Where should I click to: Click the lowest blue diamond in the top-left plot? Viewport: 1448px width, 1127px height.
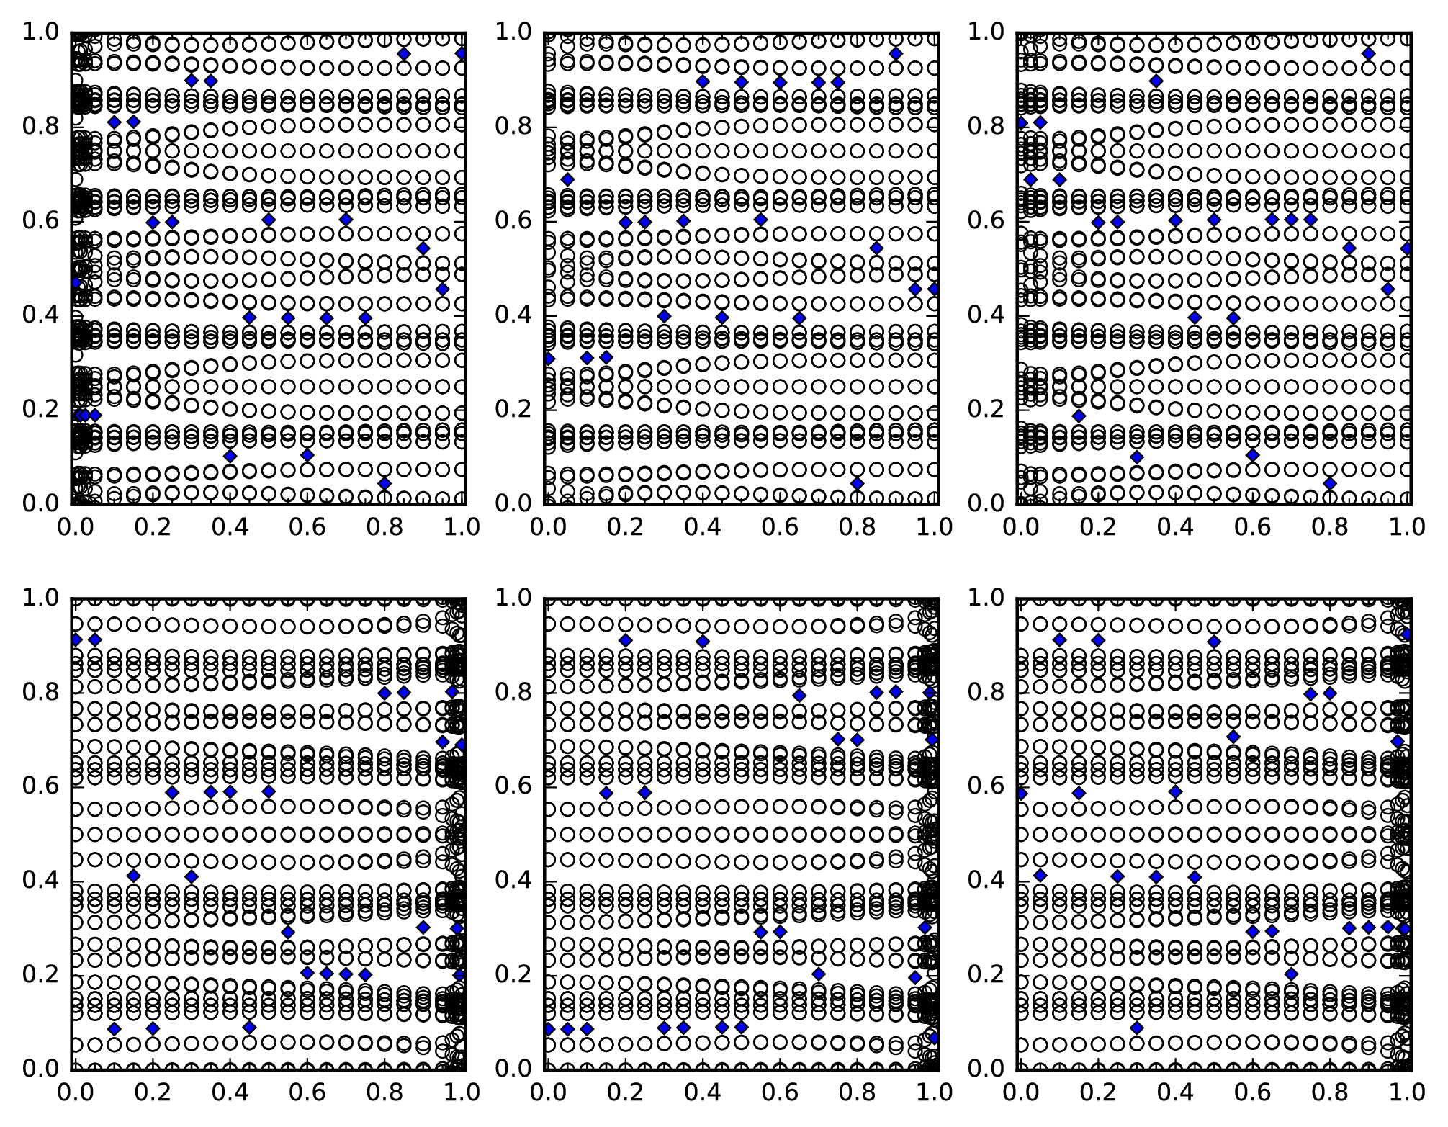385,483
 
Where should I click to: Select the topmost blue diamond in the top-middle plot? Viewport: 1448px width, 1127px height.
896,53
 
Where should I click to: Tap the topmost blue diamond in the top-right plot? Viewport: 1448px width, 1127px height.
1369,53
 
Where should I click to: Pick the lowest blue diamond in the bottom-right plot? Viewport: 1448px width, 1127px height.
1137,1028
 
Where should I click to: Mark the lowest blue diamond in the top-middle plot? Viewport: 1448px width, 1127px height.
857,483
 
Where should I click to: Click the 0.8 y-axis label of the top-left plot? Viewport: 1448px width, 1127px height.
40,126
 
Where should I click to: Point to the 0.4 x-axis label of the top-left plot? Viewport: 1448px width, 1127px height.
230,528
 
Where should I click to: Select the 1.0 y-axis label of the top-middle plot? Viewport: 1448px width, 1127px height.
513,32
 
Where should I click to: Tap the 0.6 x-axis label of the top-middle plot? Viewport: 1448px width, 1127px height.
780,528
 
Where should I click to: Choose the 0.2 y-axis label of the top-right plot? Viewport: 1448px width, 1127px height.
986,409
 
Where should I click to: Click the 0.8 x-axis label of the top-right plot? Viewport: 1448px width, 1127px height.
1330,528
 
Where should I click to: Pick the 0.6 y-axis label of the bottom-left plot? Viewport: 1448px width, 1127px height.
40,786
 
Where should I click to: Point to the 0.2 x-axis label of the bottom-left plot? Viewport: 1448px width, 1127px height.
152,1092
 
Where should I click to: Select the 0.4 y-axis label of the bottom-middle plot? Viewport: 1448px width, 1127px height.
513,880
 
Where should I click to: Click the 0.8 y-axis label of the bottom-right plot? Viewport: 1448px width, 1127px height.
986,692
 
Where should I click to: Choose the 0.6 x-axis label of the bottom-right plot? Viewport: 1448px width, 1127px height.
1252,1092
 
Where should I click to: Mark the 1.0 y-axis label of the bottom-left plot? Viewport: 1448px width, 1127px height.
40,598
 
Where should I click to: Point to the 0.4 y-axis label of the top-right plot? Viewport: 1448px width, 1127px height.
986,315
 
